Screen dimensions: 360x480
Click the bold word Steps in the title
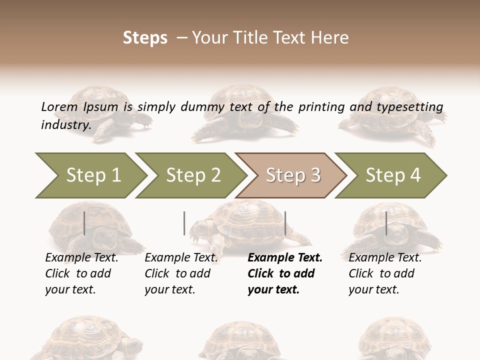pos(145,38)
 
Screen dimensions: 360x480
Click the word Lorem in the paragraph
pos(59,106)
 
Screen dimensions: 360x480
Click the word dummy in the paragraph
pos(203,107)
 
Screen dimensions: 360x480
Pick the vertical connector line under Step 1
pos(84,223)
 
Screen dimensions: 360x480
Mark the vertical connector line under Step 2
pos(184,223)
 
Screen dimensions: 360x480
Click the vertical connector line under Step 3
pos(285,223)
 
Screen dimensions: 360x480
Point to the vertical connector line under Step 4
pos(386,223)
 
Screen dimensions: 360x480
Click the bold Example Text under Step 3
pos(285,258)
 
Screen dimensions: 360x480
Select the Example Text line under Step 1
pos(81,258)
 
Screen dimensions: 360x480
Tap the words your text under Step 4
pos(373,290)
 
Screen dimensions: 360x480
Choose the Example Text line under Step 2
pos(181,258)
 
